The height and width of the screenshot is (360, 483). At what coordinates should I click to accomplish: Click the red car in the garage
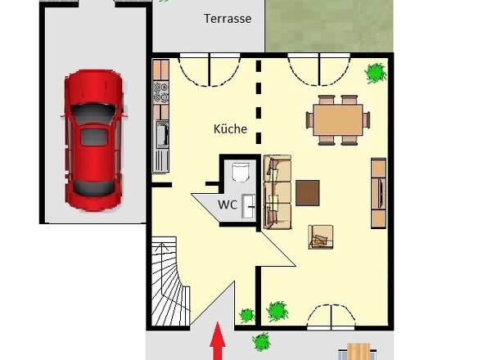93,139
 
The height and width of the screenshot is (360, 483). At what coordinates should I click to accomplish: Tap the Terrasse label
227,19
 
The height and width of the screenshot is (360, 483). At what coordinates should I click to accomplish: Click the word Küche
230,129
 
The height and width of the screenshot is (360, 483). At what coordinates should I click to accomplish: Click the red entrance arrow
218,343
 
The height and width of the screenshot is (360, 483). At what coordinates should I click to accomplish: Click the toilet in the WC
241,172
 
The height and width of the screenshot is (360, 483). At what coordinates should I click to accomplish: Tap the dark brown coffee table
309,192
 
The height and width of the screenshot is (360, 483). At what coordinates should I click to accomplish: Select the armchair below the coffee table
320,236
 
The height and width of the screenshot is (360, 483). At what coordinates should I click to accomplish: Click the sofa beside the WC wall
277,192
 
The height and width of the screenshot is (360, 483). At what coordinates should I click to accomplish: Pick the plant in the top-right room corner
377,74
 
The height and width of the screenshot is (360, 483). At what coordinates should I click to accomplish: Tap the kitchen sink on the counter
162,133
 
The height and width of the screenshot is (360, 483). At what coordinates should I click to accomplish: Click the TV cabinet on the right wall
379,192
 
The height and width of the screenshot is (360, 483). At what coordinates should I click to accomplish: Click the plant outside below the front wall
260,340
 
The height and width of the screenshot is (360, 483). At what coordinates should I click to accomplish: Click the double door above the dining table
319,69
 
